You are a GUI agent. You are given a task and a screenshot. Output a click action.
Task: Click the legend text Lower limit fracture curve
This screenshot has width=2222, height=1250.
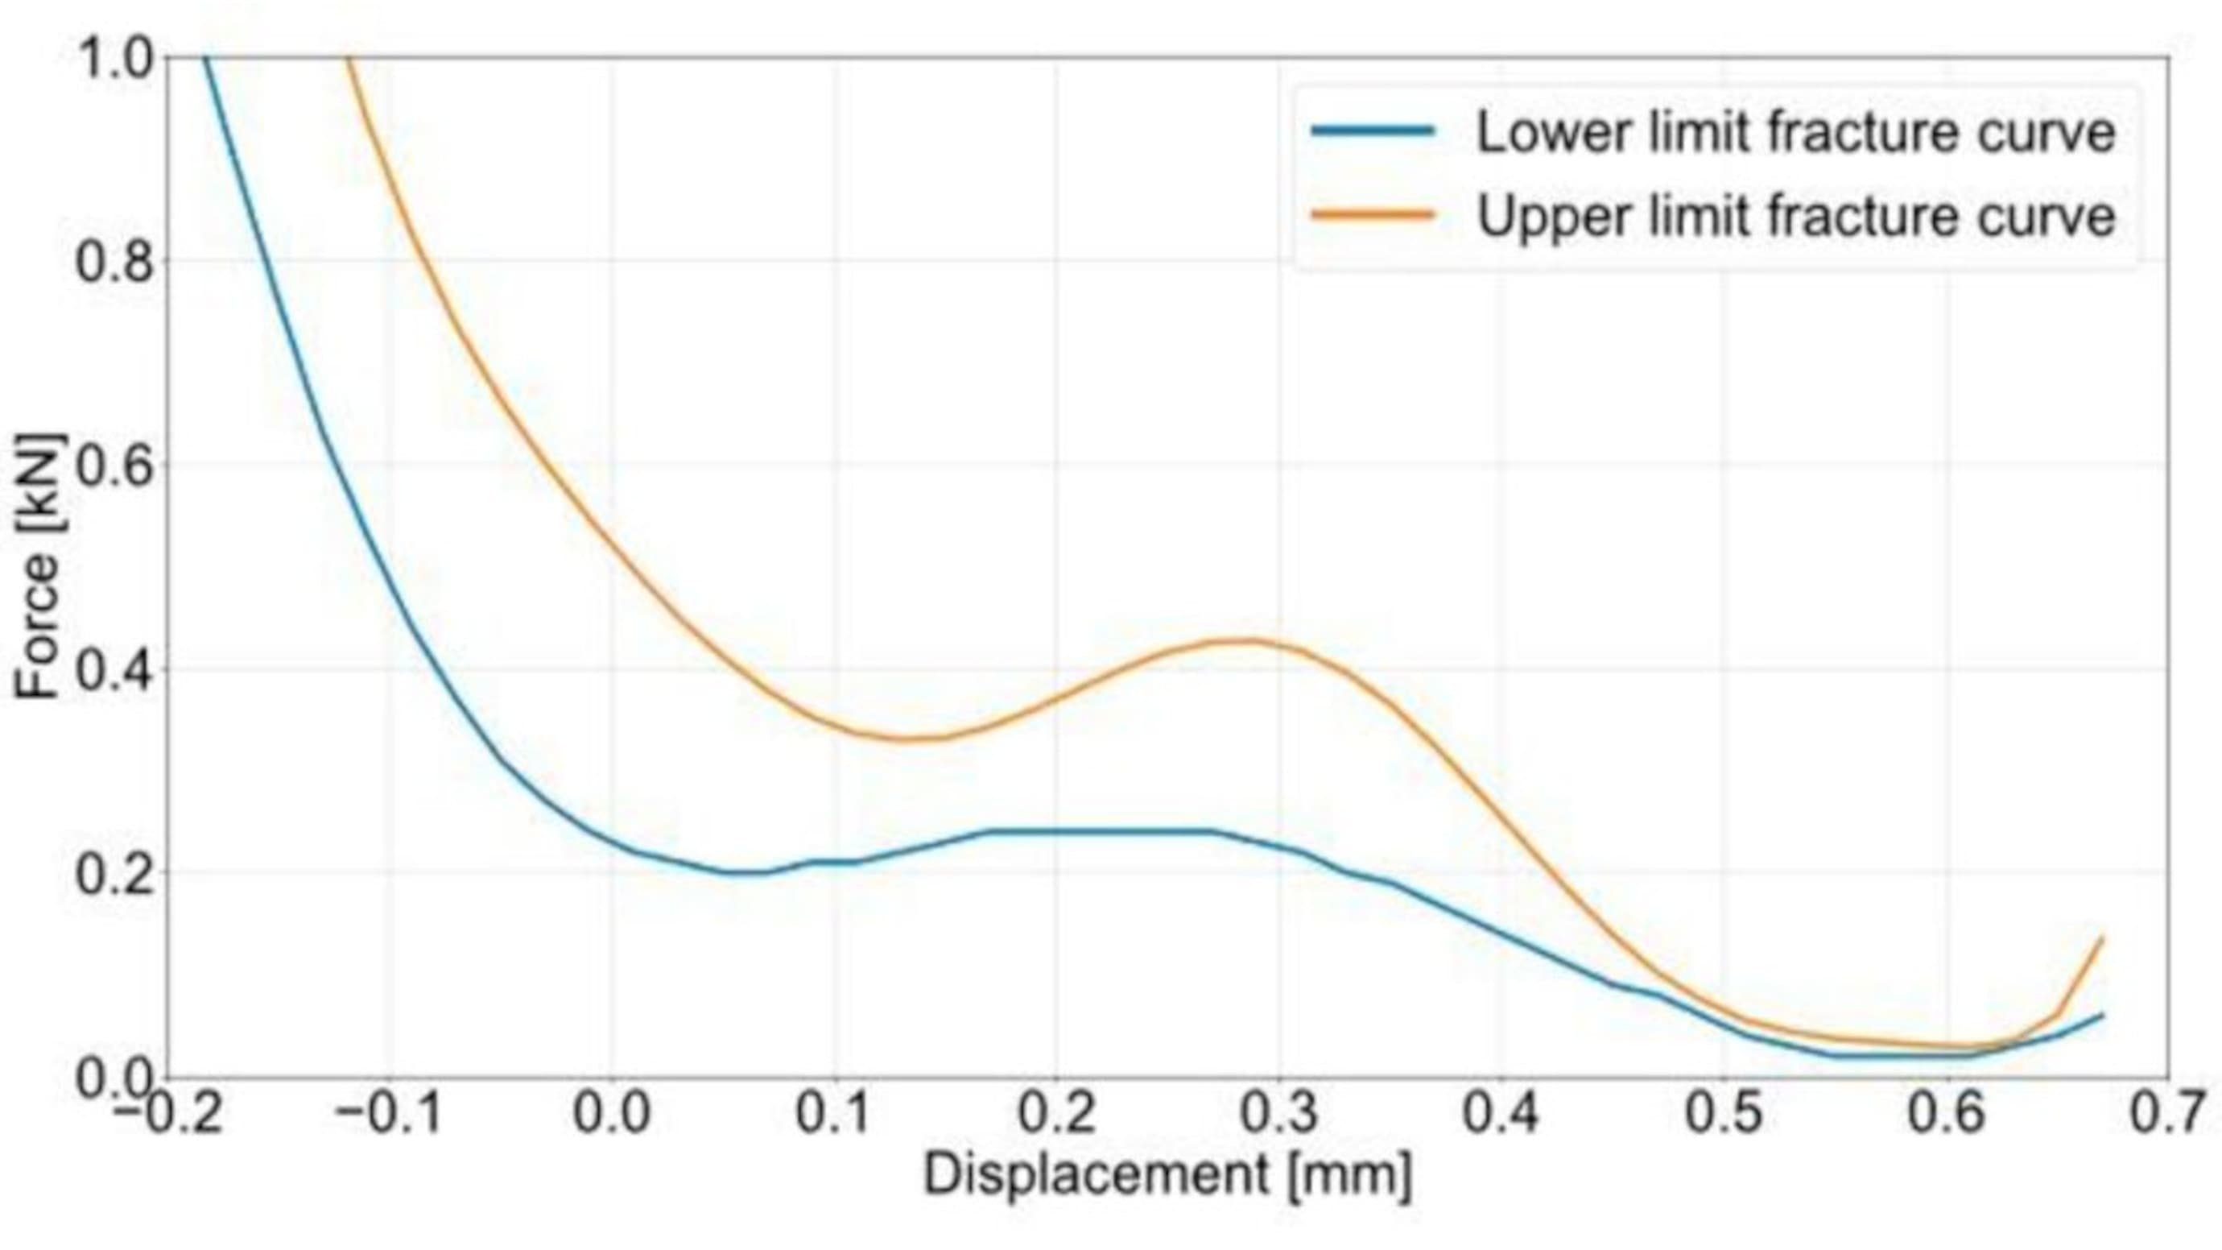click(x=1796, y=134)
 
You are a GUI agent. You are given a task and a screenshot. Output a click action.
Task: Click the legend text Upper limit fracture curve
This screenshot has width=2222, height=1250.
click(x=1796, y=216)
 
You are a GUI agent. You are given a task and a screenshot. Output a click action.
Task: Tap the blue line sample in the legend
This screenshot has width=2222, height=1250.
click(x=1373, y=131)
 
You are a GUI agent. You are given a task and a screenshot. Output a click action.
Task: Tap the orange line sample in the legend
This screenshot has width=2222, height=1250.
click(x=1373, y=214)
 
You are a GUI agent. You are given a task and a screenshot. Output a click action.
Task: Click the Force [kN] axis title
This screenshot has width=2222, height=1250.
click(x=39, y=565)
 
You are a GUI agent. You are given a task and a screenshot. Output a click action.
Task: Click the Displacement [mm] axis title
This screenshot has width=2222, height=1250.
click(x=1167, y=1175)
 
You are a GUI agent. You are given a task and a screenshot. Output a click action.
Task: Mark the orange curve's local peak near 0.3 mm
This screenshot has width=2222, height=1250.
click(x=1242, y=639)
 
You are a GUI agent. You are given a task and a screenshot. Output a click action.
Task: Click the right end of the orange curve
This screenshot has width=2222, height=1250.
click(x=2102, y=938)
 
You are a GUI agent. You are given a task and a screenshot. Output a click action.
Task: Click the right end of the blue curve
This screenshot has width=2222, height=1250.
click(x=2102, y=1015)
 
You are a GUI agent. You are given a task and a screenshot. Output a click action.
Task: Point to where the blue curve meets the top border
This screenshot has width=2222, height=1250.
click(x=205, y=59)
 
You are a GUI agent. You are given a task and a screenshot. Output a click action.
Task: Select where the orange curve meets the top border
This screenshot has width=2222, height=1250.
click(x=349, y=59)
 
